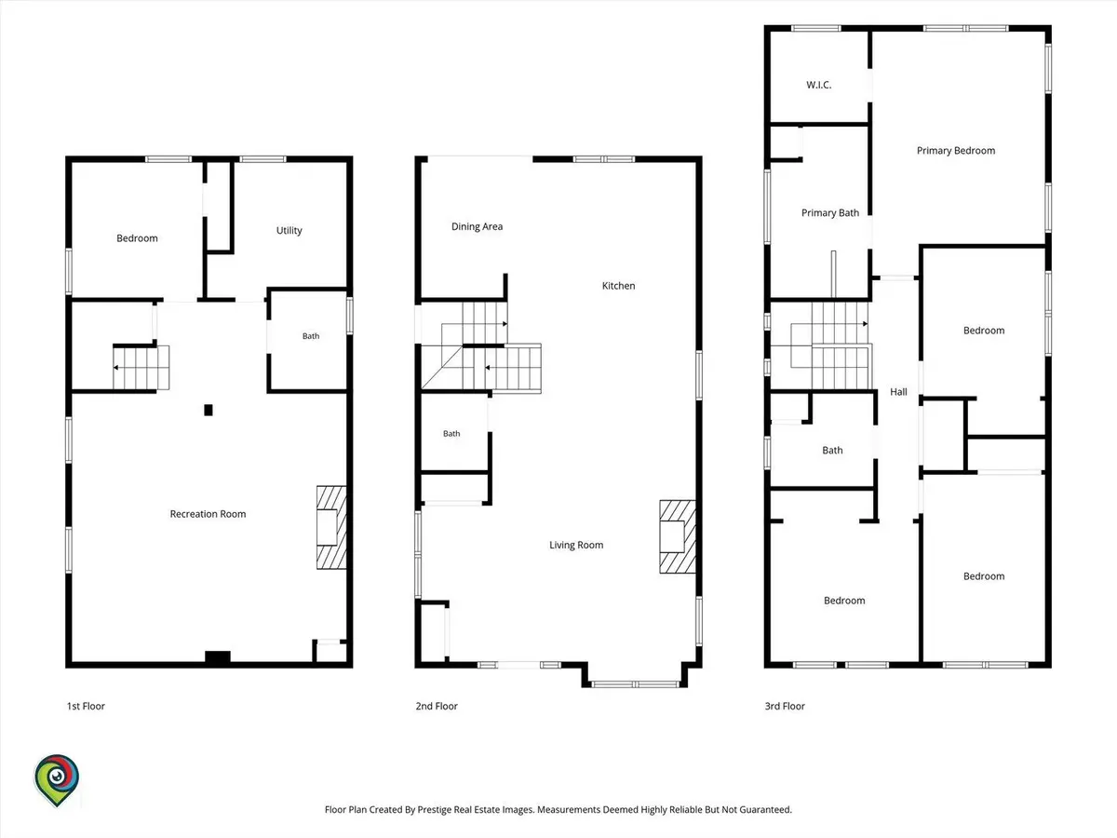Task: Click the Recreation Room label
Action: [x=208, y=514]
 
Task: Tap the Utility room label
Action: [x=289, y=231]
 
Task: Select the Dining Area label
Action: [x=477, y=226]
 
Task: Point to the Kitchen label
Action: [x=618, y=286]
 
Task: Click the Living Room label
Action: [x=576, y=545]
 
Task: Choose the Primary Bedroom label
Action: [x=956, y=151]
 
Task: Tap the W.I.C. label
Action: [x=819, y=85]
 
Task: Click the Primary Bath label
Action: [x=830, y=212]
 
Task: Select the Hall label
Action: [x=898, y=392]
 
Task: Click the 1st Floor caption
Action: [x=86, y=706]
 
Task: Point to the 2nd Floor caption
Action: [x=437, y=706]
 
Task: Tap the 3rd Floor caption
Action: [x=785, y=706]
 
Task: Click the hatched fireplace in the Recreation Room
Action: [x=331, y=527]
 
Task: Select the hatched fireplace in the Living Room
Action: [x=678, y=537]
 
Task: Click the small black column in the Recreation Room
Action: [x=209, y=410]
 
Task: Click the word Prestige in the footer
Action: [x=434, y=809]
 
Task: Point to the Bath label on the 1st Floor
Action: [x=311, y=336]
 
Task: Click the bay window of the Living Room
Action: [x=635, y=683]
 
